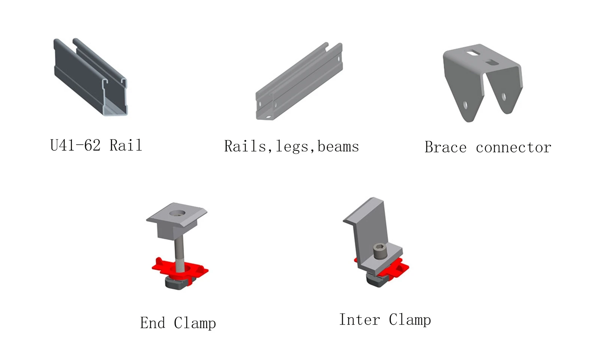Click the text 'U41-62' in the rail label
click(x=75, y=145)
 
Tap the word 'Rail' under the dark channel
click(x=126, y=145)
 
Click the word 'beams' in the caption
click(x=338, y=147)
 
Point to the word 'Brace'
click(x=445, y=147)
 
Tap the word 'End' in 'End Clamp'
click(x=152, y=323)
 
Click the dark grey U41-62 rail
click(x=90, y=77)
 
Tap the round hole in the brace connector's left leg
click(x=465, y=105)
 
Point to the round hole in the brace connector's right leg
click(x=504, y=97)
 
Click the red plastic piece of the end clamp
click(x=180, y=270)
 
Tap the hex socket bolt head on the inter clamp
click(x=379, y=251)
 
